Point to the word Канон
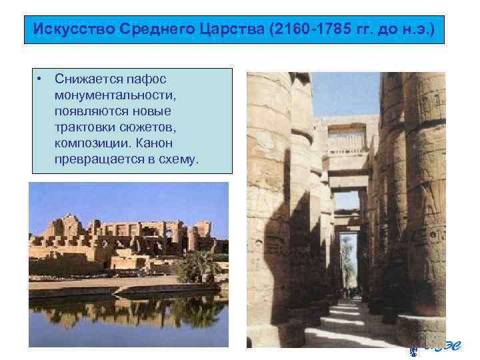[157, 143]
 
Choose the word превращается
[95, 159]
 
